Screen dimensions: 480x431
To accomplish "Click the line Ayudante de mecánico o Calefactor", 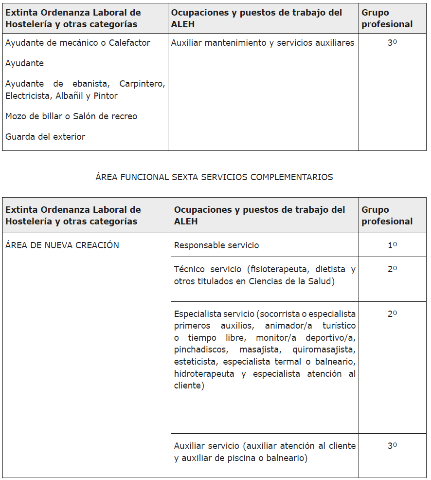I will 77,43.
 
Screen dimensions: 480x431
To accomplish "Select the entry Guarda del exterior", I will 45,137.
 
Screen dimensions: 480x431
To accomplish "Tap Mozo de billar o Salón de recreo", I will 71,116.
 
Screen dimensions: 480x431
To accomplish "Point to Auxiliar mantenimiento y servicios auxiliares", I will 263,43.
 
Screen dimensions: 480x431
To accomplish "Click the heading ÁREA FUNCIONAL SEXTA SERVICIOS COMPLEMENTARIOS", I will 214,177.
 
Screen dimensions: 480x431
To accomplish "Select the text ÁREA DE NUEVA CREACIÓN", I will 62,245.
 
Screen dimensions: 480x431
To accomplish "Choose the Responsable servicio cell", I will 216,245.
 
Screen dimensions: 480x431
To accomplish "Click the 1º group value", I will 392,245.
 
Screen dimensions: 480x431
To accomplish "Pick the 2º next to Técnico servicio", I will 392,269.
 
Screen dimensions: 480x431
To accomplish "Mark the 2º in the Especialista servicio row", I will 392,314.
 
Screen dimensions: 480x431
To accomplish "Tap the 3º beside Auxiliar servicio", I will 392,446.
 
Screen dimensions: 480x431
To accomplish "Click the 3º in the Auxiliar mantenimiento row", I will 392,43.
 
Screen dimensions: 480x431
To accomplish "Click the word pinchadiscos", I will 200,350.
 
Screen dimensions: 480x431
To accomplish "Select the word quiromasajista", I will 323,350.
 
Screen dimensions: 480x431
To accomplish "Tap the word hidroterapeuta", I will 204,374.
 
